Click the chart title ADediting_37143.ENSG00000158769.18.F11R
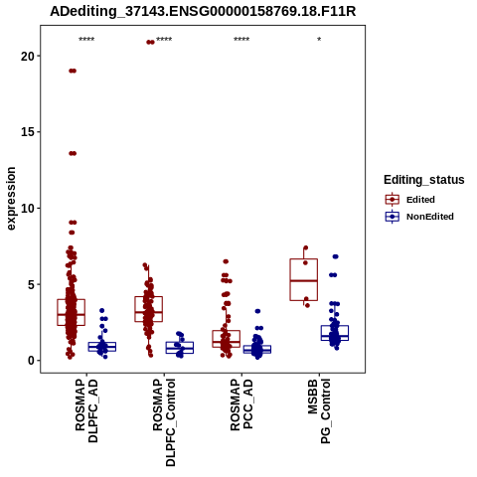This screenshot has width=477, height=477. [203, 12]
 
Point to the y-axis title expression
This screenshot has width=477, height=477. [11, 199]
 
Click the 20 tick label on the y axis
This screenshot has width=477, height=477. [28, 56]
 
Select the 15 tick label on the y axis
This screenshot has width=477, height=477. [28, 132]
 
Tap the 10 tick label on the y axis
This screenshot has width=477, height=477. [28, 208]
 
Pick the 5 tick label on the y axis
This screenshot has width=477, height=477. [31, 284]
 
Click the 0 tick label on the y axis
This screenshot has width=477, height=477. [31, 361]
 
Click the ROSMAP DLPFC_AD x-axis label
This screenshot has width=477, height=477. [86, 410]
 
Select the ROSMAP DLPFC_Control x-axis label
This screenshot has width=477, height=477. [164, 422]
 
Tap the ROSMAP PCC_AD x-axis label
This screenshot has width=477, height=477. [241, 404]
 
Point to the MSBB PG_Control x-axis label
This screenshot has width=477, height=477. [319, 411]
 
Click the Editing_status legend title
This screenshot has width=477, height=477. [424, 180]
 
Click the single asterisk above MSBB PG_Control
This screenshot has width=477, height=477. [319, 40]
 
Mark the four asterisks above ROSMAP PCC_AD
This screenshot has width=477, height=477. [241, 40]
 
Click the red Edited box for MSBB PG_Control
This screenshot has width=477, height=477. [304, 280]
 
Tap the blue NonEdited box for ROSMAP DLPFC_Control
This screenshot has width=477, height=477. [180, 348]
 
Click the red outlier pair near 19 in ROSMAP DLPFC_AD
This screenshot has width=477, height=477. [73, 71]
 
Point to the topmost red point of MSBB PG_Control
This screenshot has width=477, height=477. [306, 247]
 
